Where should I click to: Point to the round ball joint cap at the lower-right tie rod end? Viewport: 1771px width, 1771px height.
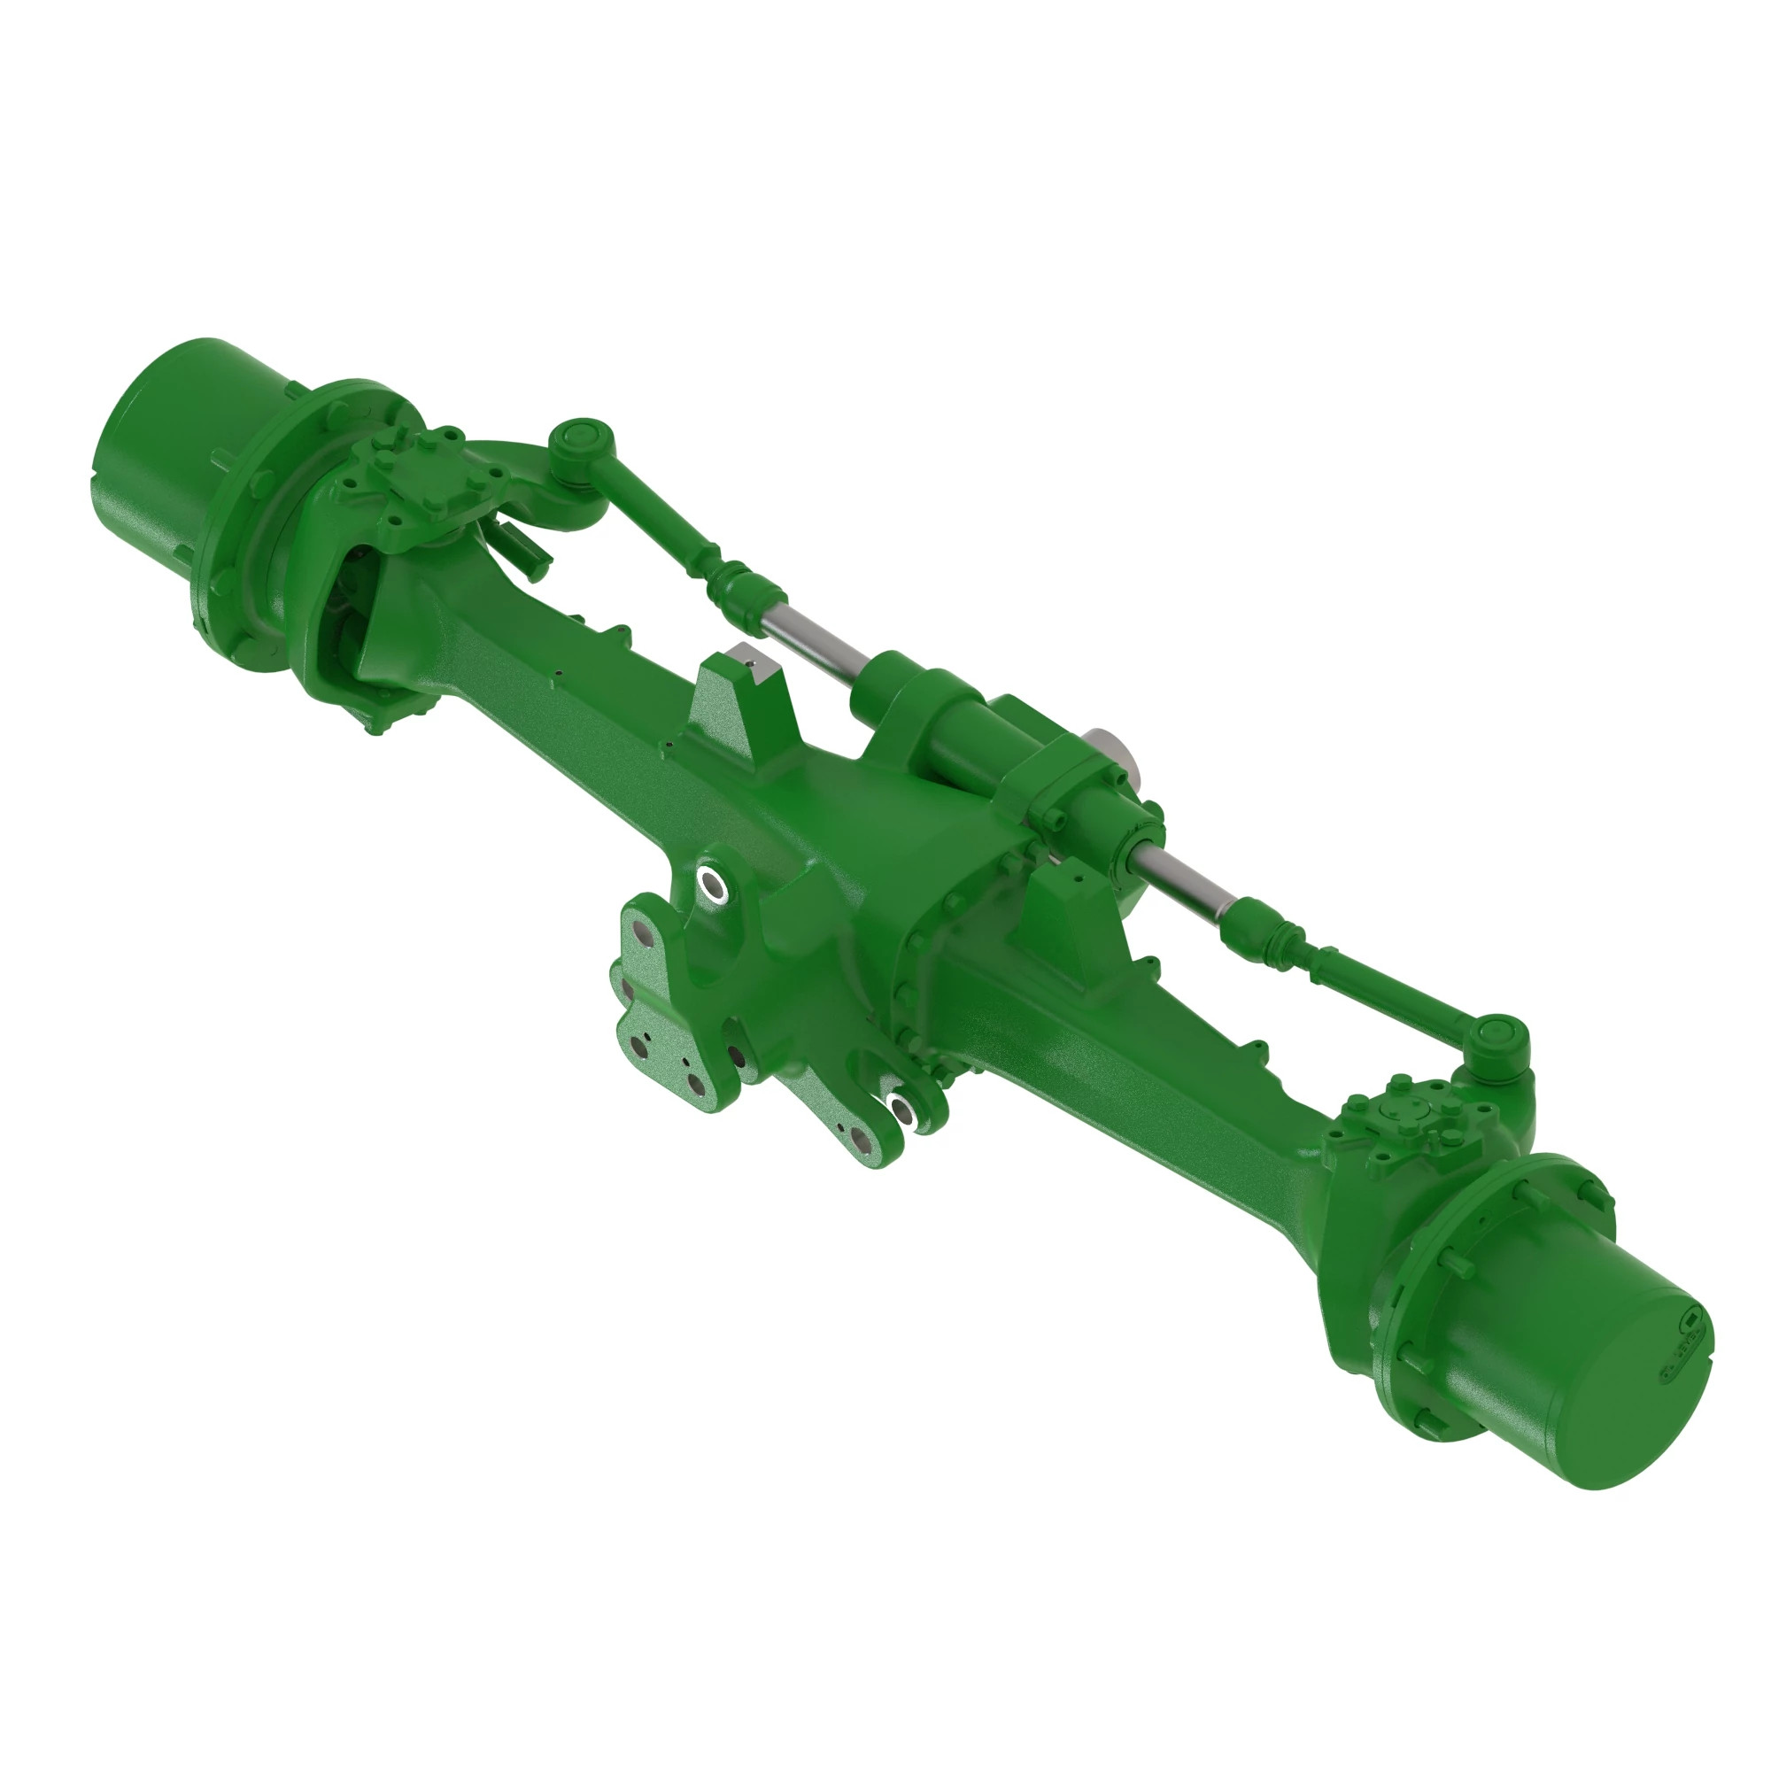pyautogui.click(x=1496, y=1034)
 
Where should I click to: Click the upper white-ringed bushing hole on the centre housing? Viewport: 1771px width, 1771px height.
pyautogui.click(x=711, y=885)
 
